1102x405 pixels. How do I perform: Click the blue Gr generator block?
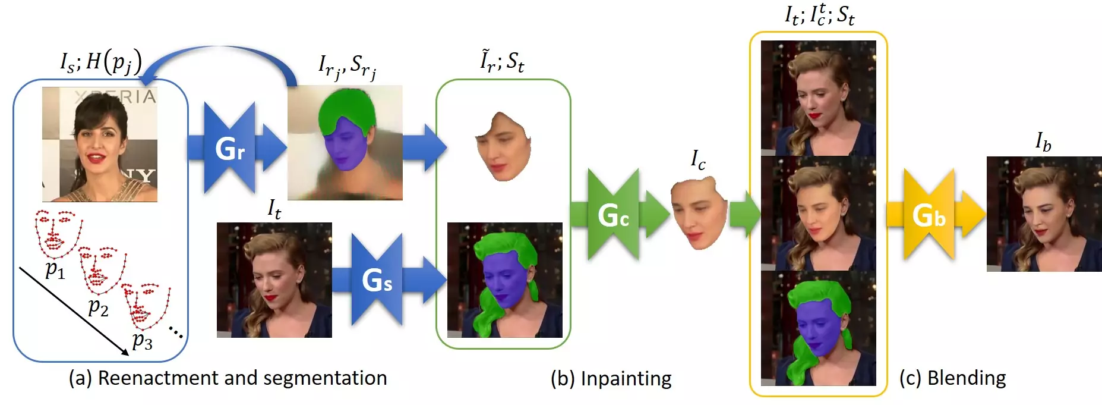[x=230, y=148]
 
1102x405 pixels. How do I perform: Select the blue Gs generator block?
[x=377, y=280]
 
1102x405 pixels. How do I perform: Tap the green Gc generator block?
[x=613, y=215]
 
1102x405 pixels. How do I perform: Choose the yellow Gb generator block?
[x=929, y=215]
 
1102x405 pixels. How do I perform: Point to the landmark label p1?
[x=55, y=270]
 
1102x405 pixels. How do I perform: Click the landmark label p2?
[x=98, y=307]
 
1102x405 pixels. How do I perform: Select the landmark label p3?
[x=143, y=340]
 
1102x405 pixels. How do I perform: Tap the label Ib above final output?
[x=1043, y=142]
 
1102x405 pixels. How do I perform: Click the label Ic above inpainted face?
[x=698, y=159]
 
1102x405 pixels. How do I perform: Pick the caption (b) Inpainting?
[x=611, y=379]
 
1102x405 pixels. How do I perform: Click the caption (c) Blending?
[x=952, y=378]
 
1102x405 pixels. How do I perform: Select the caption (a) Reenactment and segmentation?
[x=228, y=378]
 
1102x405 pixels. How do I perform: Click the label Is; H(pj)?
[x=101, y=61]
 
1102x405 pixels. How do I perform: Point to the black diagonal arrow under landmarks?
[x=74, y=311]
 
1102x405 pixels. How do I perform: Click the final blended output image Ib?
[x=1044, y=214]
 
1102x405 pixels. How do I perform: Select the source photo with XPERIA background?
[x=100, y=145]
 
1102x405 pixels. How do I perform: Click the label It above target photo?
[x=274, y=209]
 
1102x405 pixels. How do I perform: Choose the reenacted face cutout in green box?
[x=503, y=146]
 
